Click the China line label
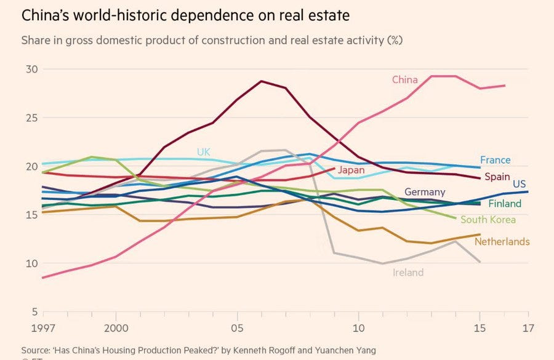(x=404, y=80)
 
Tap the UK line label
(x=204, y=152)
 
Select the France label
(x=495, y=160)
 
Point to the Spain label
(x=497, y=177)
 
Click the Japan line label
(x=351, y=170)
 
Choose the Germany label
(x=425, y=193)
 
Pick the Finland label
(x=505, y=204)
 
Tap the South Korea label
(x=488, y=220)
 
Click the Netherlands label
(x=502, y=242)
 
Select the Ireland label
(x=408, y=272)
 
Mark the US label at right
(x=519, y=183)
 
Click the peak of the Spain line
(x=262, y=81)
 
